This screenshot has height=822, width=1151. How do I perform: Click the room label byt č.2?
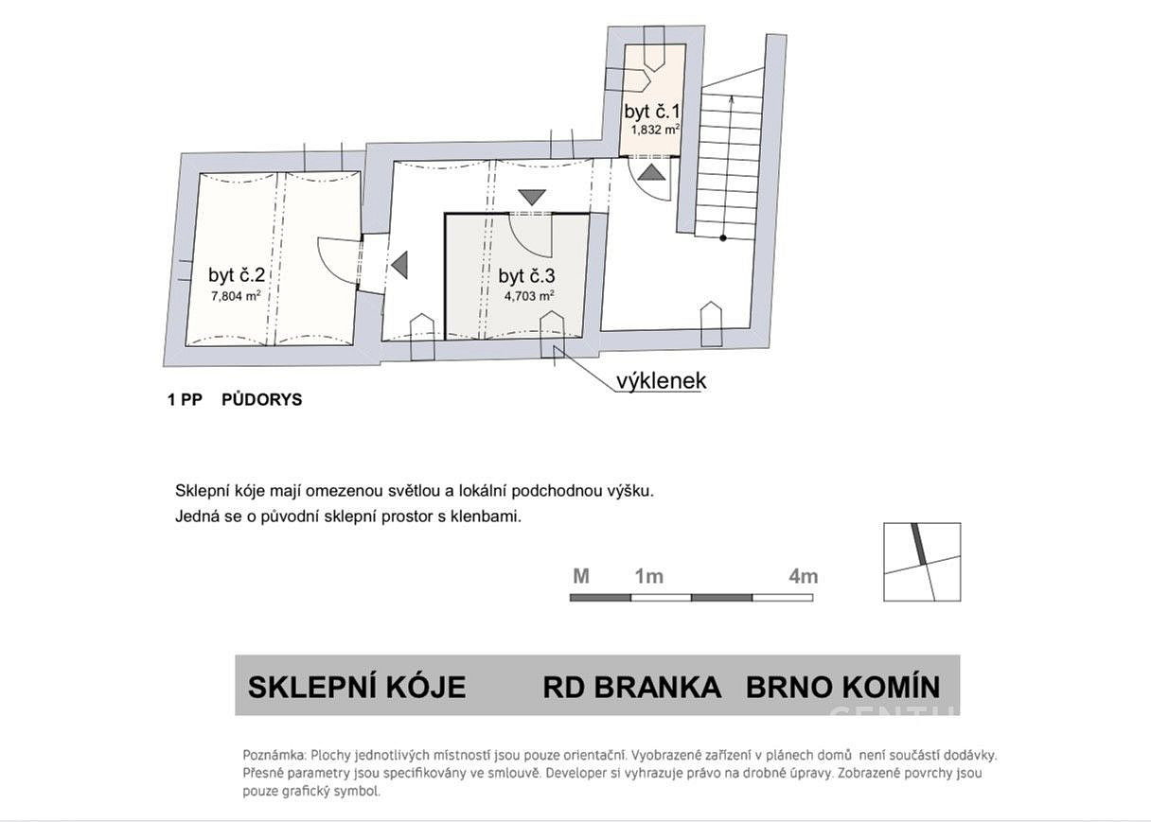click(x=237, y=275)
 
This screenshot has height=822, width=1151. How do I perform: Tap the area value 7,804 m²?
click(x=236, y=296)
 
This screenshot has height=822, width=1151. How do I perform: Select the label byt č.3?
click(x=526, y=276)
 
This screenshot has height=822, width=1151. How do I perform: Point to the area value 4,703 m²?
click(x=529, y=296)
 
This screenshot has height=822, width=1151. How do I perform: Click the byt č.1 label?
click(x=652, y=112)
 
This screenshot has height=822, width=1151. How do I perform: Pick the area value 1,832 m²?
click(x=656, y=130)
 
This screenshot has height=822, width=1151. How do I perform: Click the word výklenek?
click(x=662, y=381)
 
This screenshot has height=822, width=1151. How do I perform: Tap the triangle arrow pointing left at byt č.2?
click(x=399, y=265)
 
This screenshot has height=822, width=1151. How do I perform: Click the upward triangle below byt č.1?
click(x=651, y=172)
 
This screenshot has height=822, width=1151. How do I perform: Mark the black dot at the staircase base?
click(x=723, y=238)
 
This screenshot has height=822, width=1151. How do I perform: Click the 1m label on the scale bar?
click(x=649, y=577)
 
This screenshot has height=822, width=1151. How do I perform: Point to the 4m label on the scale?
click(x=803, y=577)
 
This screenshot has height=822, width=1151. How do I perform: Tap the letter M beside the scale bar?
click(x=581, y=577)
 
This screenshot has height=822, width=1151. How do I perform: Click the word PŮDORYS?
click(x=262, y=399)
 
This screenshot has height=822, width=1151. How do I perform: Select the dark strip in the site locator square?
click(x=919, y=544)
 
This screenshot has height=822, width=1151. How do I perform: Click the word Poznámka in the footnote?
click(x=274, y=755)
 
